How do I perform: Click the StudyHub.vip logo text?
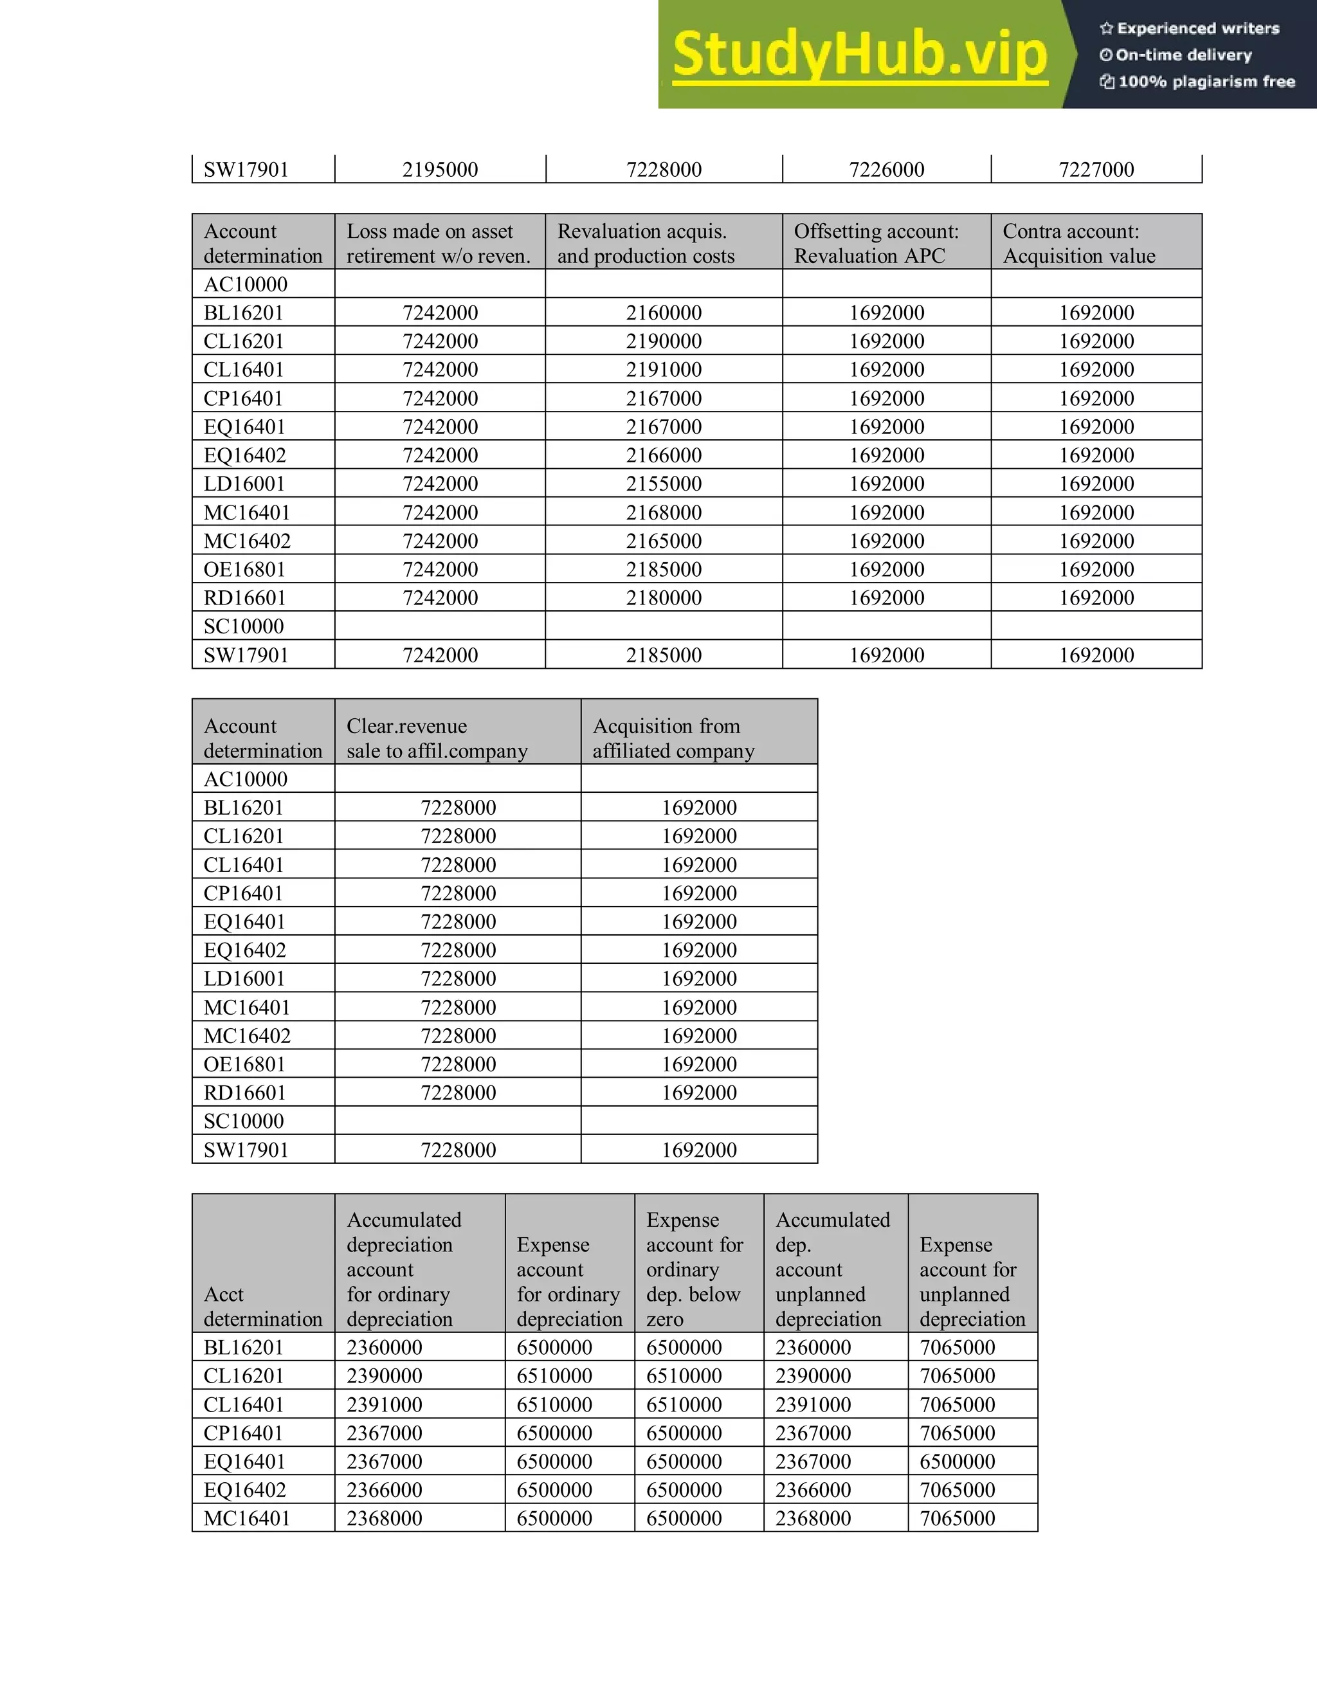click(x=859, y=54)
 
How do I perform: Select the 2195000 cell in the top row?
click(x=440, y=169)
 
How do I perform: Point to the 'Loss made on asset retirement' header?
click(x=439, y=244)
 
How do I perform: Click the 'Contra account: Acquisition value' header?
click(x=1079, y=244)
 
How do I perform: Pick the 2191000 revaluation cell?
click(x=663, y=370)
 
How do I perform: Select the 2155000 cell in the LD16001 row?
click(x=663, y=484)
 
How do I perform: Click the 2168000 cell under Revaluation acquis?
click(x=663, y=512)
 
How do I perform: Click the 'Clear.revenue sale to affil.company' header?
click(x=437, y=738)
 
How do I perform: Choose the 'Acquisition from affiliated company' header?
click(x=673, y=738)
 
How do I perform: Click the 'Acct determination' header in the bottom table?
click(x=262, y=1306)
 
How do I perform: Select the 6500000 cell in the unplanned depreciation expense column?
click(x=958, y=1462)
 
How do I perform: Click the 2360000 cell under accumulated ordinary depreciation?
click(x=385, y=1347)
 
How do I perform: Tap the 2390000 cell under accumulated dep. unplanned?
click(x=813, y=1375)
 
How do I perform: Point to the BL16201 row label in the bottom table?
click(x=244, y=1347)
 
